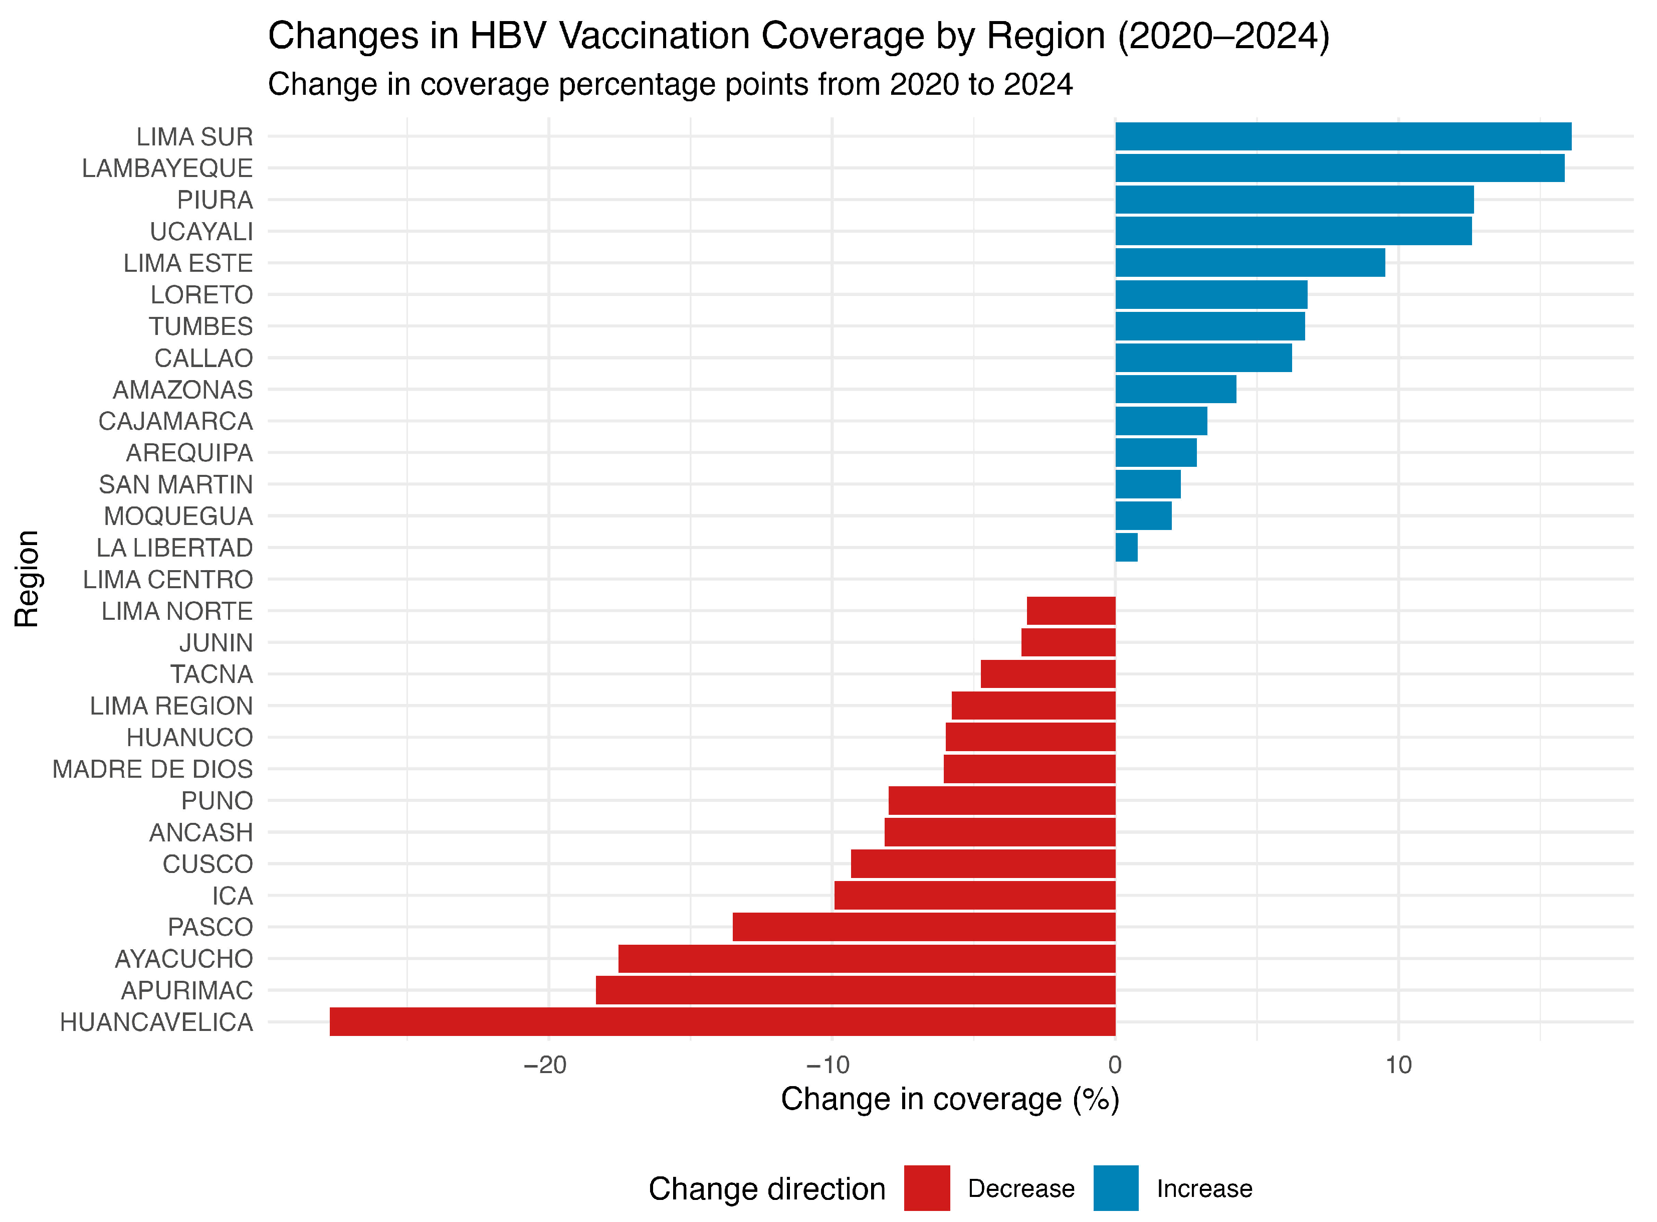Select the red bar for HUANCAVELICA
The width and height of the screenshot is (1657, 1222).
click(x=722, y=1021)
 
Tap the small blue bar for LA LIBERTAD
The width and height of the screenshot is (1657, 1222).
click(x=1126, y=548)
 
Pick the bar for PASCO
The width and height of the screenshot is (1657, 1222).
click(x=924, y=927)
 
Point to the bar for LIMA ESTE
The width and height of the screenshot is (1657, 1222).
click(x=1250, y=263)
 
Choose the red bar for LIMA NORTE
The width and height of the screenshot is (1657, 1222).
click(x=1071, y=611)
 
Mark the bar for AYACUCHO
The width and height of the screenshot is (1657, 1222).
click(x=867, y=959)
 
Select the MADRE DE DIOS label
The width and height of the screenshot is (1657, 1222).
click(x=152, y=769)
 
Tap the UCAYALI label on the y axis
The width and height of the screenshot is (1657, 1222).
click(x=201, y=232)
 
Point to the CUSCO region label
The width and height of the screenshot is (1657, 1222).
click(x=208, y=864)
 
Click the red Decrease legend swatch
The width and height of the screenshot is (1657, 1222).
click(x=926, y=1188)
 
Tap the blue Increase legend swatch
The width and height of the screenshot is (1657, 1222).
click(x=1116, y=1188)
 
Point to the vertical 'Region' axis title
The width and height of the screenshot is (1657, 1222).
click(x=27, y=579)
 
